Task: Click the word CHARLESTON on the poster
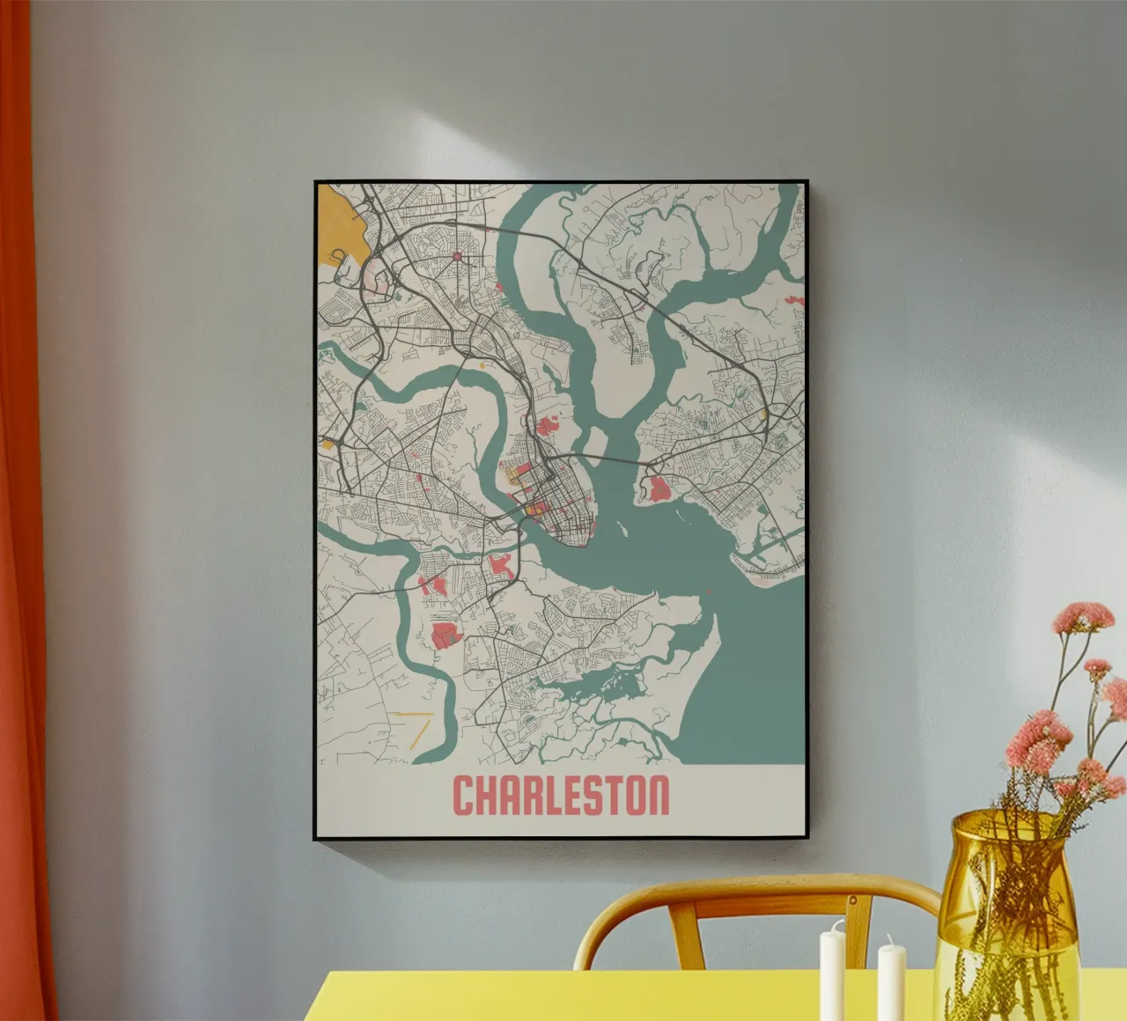(561, 795)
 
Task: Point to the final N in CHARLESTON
(658, 795)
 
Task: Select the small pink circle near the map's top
(457, 256)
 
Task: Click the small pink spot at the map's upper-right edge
(795, 301)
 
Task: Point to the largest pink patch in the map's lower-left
(446, 635)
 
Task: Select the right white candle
(890, 977)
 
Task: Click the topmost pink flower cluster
(1082, 615)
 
